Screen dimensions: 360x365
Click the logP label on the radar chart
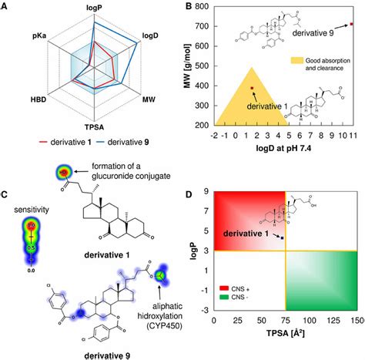click(x=96, y=12)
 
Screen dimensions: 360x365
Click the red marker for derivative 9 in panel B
click(x=351, y=24)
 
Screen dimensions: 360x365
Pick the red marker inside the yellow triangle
click(x=252, y=89)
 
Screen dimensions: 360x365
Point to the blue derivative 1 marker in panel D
click(x=283, y=239)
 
